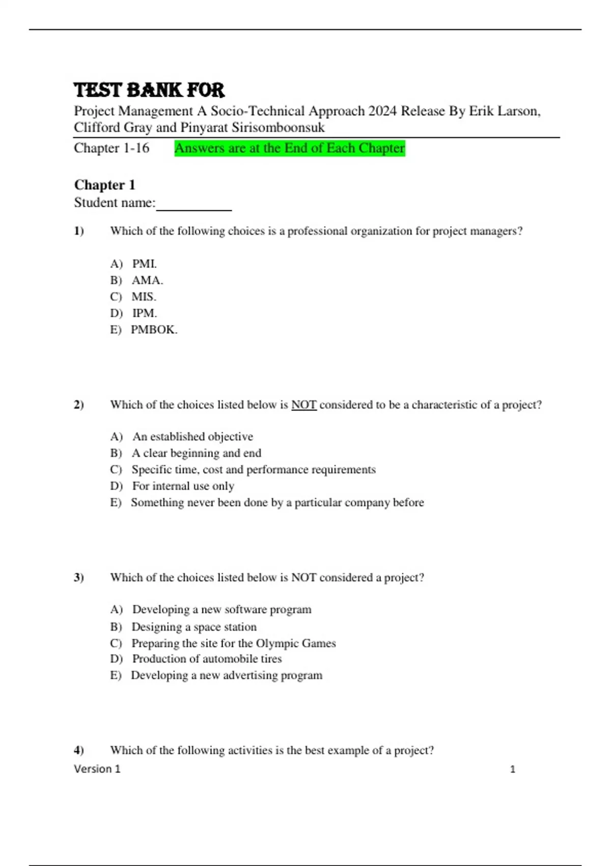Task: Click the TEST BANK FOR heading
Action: pos(149,90)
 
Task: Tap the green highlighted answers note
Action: pos(289,148)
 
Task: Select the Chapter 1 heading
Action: pos(104,184)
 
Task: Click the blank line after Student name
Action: pos(193,205)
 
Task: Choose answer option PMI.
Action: pos(144,264)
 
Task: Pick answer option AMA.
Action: pos(147,280)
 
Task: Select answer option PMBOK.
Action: pos(154,330)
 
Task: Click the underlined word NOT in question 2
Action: pos(303,405)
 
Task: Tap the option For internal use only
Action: pos(183,486)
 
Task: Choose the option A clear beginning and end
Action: pos(196,453)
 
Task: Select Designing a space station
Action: pos(193,627)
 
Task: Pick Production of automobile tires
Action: pos(207,659)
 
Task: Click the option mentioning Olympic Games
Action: pos(233,643)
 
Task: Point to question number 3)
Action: pos(79,578)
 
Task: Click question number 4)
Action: pos(79,750)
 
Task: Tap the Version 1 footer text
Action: pos(97,769)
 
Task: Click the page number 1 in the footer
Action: pos(512,769)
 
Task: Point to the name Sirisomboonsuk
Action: pos(278,127)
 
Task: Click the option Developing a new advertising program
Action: pos(227,675)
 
